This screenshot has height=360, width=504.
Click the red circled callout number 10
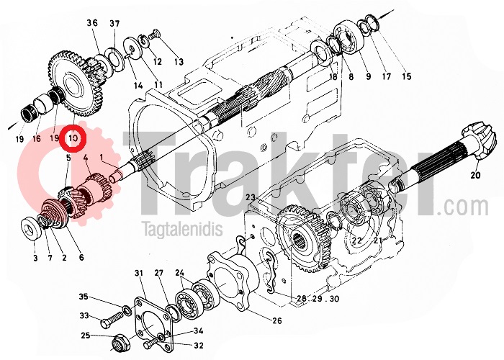[x=73, y=138]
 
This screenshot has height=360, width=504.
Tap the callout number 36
[x=92, y=23]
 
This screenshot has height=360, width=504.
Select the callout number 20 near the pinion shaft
[x=475, y=175]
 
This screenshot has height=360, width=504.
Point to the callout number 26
[x=277, y=320]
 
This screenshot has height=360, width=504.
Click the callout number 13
[x=179, y=62]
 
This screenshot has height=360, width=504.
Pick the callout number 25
[x=85, y=336]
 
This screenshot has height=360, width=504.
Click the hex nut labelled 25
[x=118, y=343]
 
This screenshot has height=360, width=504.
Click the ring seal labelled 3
[x=32, y=228]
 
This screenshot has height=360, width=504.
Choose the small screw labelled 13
[x=156, y=32]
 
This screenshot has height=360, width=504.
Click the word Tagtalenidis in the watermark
[x=183, y=229]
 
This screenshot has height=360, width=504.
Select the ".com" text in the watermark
[x=463, y=207]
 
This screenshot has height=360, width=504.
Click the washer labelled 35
[x=126, y=310]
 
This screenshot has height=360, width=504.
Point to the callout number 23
[x=251, y=197]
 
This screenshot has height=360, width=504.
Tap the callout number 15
[x=407, y=76]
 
